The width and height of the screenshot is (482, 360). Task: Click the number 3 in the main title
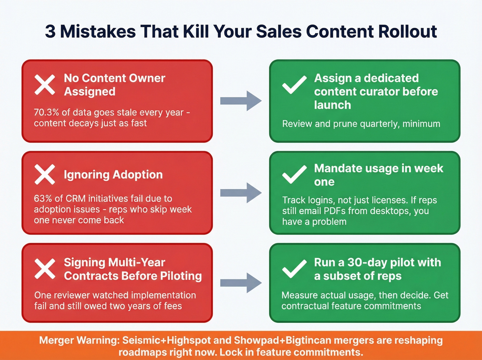point(50,32)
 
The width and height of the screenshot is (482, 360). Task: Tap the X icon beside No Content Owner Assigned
point(45,85)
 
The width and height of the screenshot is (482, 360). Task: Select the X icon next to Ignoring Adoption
point(45,175)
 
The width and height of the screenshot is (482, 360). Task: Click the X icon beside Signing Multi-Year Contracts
point(45,269)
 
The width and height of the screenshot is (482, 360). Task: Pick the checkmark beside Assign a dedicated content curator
point(294,85)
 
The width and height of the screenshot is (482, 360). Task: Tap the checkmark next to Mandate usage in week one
point(294,175)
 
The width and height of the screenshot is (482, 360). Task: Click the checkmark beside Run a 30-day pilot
point(294,269)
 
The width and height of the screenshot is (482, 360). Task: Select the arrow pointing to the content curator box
point(241,101)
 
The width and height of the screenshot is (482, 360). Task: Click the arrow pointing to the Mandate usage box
point(241,193)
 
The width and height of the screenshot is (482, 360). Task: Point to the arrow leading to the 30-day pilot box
point(241,283)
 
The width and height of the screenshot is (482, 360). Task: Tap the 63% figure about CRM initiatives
point(43,199)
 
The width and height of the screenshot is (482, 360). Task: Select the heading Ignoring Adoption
point(113,175)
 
